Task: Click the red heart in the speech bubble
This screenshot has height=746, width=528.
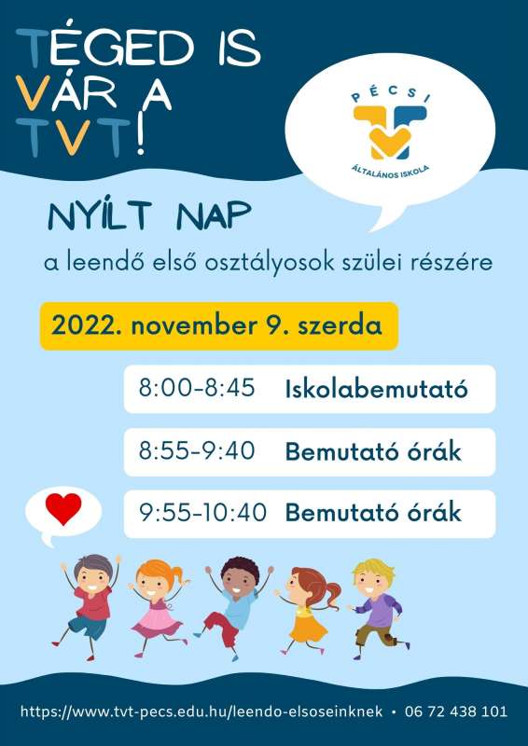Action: (63, 508)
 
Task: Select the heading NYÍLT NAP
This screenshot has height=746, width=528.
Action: (149, 217)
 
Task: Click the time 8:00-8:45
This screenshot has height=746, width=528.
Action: (197, 389)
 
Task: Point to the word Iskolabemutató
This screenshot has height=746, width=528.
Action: (377, 390)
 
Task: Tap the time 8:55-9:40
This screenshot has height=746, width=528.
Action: (197, 451)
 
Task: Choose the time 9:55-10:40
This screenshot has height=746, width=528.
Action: (202, 513)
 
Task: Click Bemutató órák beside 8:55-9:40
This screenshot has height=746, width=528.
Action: (373, 451)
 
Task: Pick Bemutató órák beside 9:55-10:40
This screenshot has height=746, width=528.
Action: (373, 513)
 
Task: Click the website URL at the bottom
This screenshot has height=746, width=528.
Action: (201, 711)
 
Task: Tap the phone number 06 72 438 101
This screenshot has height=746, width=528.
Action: (456, 711)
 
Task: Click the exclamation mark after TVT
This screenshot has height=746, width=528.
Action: (140, 137)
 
